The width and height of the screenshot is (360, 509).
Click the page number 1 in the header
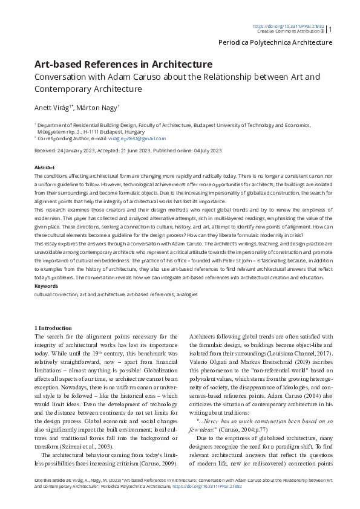[330, 28]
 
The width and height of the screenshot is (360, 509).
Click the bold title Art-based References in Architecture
[123, 64]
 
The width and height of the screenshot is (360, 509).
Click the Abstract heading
[45, 167]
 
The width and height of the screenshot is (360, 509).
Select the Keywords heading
[47, 285]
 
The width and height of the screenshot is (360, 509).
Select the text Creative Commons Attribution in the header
[289, 31]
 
